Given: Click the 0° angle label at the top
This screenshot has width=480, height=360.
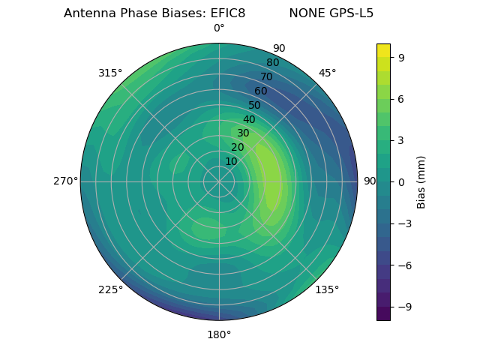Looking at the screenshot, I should tap(219, 28).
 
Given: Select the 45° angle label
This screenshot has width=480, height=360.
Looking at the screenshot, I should tap(327, 73).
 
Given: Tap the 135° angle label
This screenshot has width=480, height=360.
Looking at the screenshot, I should tap(327, 289).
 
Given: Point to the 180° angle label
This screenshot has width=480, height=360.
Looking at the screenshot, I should tap(219, 334).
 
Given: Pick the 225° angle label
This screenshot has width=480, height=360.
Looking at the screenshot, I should tap(110, 290).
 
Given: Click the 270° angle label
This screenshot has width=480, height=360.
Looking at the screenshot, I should tap(65, 181).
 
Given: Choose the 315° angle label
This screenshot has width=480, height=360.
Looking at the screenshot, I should tap(110, 73).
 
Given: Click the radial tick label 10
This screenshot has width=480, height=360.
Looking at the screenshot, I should tap(231, 161).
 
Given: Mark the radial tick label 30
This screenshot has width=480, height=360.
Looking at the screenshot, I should tap(243, 133).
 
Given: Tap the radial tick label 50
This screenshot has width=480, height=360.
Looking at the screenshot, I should tap(255, 105).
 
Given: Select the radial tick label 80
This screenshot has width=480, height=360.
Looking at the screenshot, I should tap(272, 62).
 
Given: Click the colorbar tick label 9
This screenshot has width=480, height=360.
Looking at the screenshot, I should tap(401, 56).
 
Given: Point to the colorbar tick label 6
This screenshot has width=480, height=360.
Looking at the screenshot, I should tap(401, 98).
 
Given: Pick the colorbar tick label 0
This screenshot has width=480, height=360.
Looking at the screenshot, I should tap(401, 182).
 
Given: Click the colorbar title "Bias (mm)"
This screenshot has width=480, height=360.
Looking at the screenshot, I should tap(421, 182).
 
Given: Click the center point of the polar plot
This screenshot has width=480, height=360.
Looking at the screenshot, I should tap(219, 181).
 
